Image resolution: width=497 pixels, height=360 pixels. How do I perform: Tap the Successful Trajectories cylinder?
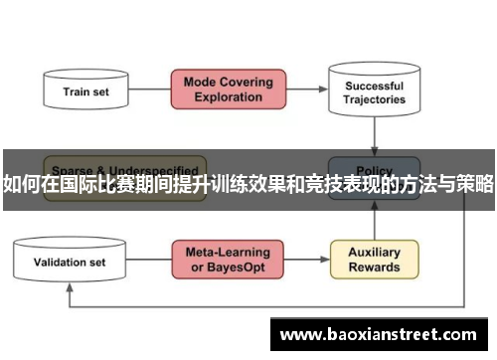click(x=374, y=90)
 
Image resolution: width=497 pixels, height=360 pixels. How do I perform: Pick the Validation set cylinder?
click(x=70, y=263)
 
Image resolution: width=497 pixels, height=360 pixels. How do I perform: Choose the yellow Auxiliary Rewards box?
click(x=374, y=260)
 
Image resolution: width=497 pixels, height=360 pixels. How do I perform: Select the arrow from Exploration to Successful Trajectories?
click(x=307, y=90)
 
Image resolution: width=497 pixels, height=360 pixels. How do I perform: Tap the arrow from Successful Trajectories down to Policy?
click(x=374, y=134)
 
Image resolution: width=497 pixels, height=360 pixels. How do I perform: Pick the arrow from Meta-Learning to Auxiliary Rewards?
click(x=307, y=261)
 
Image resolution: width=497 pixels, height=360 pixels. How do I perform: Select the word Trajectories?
click(x=374, y=99)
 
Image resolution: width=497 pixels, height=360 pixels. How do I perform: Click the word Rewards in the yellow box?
click(x=374, y=268)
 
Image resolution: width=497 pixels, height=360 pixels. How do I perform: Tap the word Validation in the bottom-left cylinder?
click(x=59, y=263)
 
